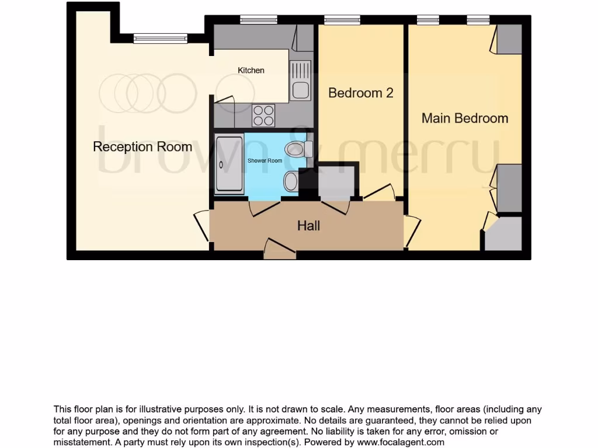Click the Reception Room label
coord(142,146)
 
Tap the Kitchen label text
coord(251,70)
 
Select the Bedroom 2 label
coord(360,93)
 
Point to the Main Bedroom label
coord(465,118)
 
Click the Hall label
coord(308,225)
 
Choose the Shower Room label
coord(265,160)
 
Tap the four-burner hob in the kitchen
coord(263,115)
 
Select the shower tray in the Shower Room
coord(230,164)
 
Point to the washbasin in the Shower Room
coord(291,181)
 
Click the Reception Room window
coord(160,38)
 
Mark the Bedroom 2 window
coord(342,20)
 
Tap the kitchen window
coord(258,20)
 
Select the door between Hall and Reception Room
coord(203,225)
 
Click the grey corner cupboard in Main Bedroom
coord(503,235)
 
